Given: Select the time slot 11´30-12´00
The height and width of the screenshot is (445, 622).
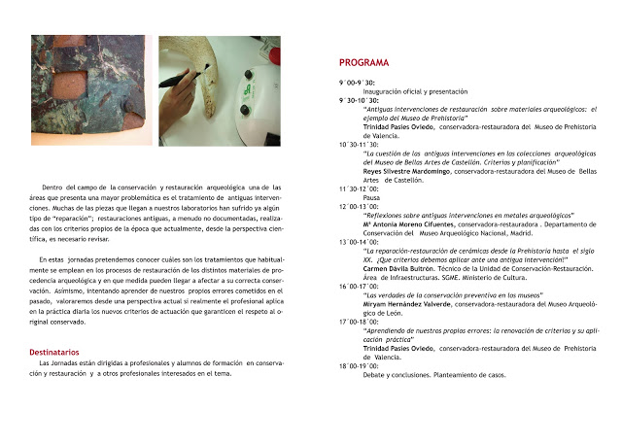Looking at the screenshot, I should click(x=358, y=189).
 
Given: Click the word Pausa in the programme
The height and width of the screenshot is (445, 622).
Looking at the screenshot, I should click(x=372, y=197).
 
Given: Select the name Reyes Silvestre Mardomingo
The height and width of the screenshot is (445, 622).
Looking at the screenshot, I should click(x=407, y=172).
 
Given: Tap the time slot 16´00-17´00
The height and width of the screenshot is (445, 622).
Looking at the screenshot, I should click(x=358, y=286).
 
